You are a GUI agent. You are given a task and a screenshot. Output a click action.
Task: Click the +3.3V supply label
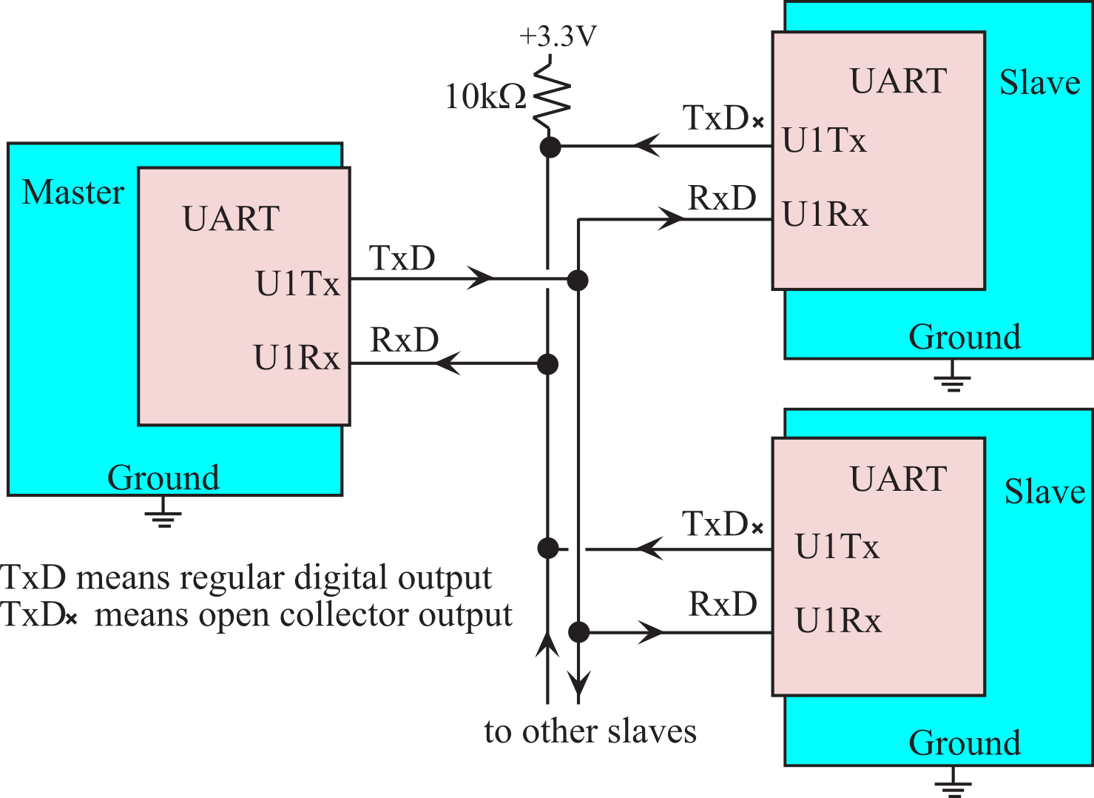[558, 36]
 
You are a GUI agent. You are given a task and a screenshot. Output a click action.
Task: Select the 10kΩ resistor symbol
[551, 93]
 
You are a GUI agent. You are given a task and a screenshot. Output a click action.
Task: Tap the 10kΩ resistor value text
[485, 95]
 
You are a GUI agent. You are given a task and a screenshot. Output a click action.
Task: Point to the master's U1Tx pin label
[297, 283]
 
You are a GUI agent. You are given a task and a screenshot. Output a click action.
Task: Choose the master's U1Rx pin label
[296, 358]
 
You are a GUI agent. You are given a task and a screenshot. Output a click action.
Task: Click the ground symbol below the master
[163, 512]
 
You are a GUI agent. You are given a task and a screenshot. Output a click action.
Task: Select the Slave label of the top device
[1040, 82]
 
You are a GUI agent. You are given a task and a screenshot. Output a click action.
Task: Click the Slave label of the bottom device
[1044, 491]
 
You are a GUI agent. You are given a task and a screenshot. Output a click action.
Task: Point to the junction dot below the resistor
[550, 147]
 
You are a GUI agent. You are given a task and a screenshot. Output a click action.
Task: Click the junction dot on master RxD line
[547, 364]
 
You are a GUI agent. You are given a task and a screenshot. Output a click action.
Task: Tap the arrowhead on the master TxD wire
[480, 278]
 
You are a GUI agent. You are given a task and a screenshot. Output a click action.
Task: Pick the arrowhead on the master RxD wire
[448, 363]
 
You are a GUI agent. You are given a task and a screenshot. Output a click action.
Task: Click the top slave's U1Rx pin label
[825, 214]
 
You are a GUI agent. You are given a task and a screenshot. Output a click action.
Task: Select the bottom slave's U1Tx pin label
[837, 546]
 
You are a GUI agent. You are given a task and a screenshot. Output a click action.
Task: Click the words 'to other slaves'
[590, 731]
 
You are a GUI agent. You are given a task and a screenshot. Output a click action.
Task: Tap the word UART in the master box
[231, 218]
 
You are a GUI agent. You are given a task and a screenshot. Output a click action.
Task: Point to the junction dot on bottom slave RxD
[578, 632]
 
